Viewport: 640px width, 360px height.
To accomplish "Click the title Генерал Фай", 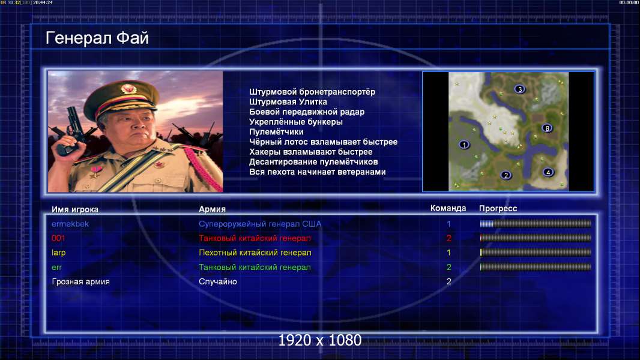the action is (97, 38).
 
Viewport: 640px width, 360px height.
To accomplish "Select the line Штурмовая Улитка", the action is (288, 102).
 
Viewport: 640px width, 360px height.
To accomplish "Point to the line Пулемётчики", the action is (276, 131).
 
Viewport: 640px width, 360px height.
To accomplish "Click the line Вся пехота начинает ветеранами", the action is (318, 172).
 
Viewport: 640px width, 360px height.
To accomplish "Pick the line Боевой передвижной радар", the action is (307, 112).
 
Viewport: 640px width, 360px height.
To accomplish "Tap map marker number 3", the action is (519, 89).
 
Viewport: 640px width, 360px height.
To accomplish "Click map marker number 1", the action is (464, 145).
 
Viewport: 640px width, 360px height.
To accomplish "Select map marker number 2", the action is (506, 175).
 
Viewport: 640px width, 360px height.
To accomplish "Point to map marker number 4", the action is (548, 172).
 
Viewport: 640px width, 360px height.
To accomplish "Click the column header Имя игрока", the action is (75, 209).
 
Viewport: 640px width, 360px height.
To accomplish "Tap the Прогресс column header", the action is (498, 208).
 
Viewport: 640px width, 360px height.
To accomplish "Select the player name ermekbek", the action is (70, 224).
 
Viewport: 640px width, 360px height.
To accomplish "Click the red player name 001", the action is (58, 238).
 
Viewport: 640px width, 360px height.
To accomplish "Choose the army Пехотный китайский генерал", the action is (255, 253).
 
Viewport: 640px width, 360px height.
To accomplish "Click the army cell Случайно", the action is (218, 282).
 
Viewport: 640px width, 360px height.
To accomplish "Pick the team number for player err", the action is (448, 268).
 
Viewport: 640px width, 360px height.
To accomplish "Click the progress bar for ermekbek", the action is (536, 223).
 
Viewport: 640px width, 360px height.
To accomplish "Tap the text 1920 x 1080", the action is (320, 340).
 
